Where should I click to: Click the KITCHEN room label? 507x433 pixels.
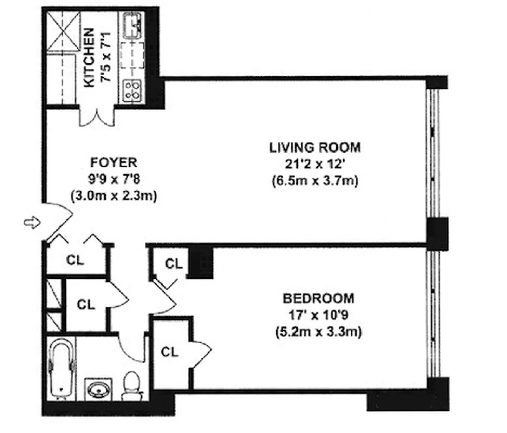(90, 58)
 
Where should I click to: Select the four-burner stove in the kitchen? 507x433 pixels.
(132, 89)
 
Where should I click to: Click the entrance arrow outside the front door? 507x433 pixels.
(32, 222)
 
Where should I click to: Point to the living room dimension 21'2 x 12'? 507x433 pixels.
(315, 163)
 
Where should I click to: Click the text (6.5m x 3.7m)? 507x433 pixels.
(315, 181)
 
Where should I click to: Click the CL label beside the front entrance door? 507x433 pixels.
(75, 259)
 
